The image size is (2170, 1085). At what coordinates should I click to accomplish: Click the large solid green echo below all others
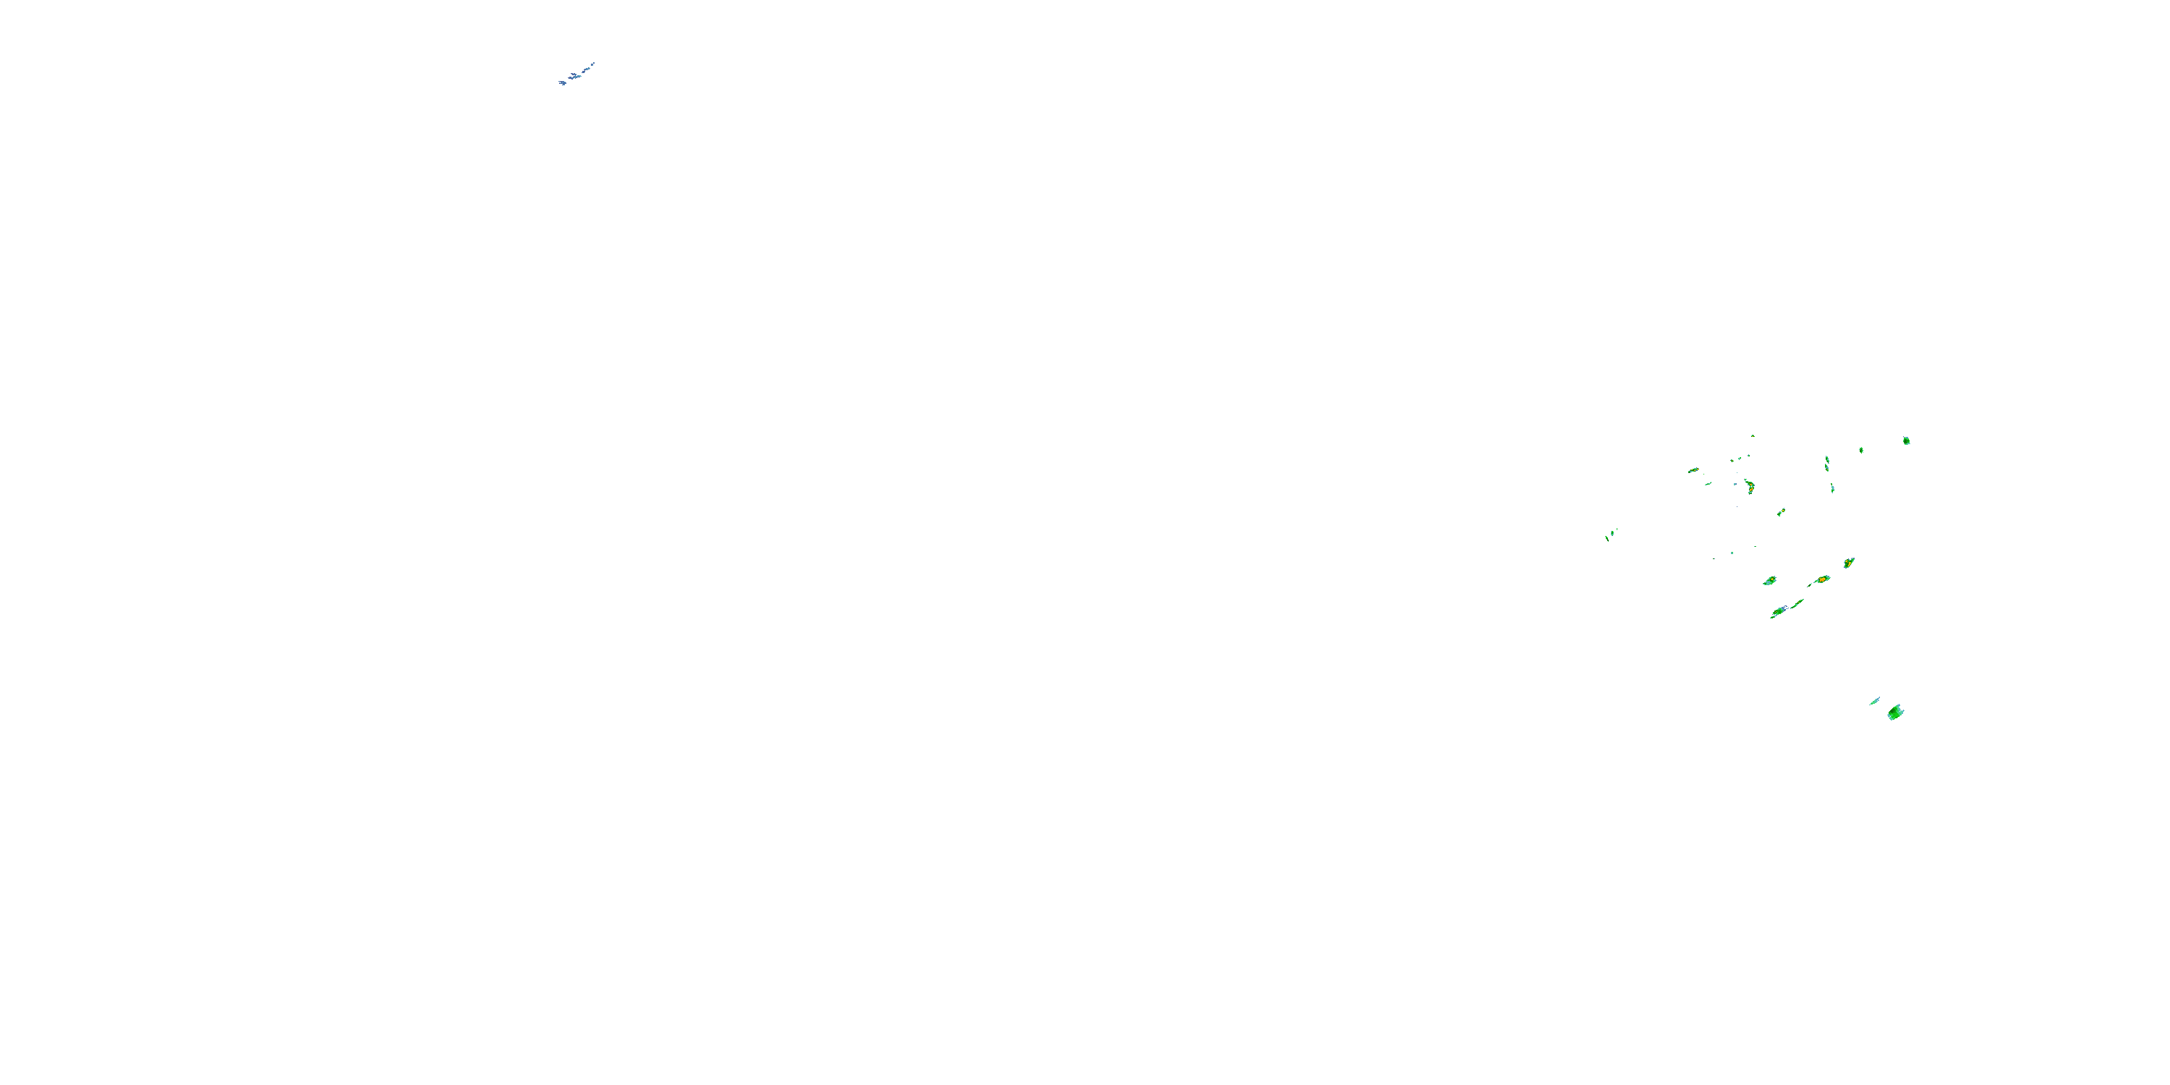tap(1895, 712)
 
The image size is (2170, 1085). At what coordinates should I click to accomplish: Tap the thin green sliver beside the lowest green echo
tap(1874, 701)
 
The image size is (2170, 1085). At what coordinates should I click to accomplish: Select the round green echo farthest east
tap(1906, 441)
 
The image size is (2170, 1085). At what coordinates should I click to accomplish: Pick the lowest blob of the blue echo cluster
tap(562, 82)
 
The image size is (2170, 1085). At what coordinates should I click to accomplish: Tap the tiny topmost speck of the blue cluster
tap(593, 63)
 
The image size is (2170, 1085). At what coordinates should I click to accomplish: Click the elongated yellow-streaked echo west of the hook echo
tap(1693, 470)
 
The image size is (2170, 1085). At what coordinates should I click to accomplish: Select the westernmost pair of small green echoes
tap(1610, 534)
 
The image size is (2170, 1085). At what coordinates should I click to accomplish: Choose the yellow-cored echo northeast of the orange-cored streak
tap(1848, 562)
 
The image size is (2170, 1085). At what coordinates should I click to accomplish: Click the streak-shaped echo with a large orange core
tap(1821, 580)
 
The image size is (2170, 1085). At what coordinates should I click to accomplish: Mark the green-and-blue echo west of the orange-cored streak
tap(1770, 582)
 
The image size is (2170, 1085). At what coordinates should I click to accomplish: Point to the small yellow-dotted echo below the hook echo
tap(1781, 512)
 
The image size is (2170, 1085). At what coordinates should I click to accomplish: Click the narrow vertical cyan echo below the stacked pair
tap(1832, 488)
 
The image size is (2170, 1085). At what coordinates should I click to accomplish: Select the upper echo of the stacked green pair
tap(1826, 459)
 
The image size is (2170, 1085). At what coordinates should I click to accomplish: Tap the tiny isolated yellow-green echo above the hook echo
tap(1753, 435)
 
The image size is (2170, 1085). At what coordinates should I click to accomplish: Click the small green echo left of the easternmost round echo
tap(1861, 450)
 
